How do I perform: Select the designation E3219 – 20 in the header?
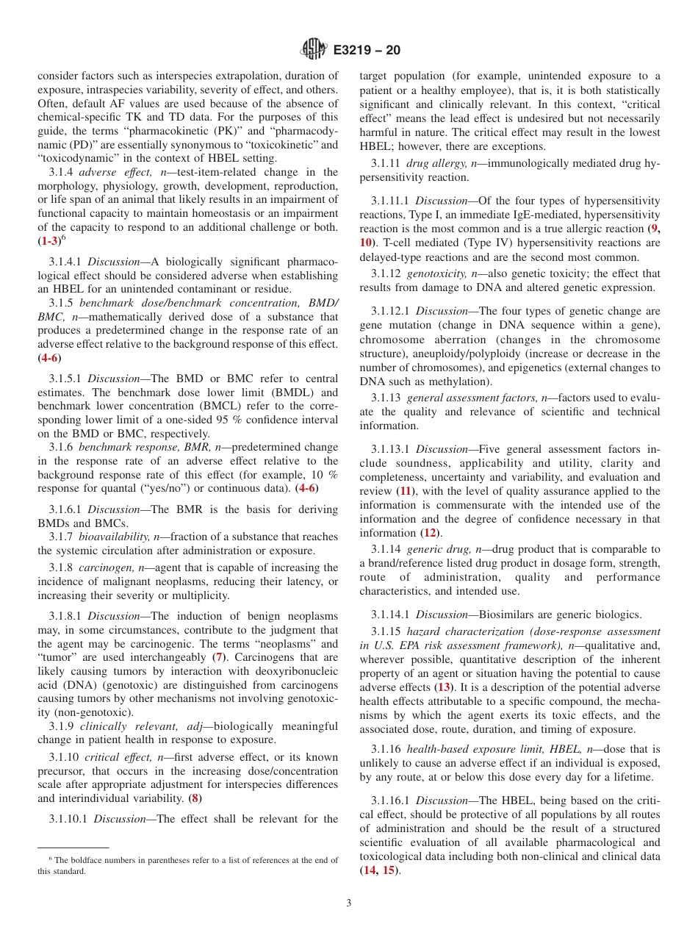367,51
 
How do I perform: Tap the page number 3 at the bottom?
349,903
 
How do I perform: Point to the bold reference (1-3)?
48,242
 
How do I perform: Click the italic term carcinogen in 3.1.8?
105,568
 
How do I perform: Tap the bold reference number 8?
195,798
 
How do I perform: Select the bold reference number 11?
405,491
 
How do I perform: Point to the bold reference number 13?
443,687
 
